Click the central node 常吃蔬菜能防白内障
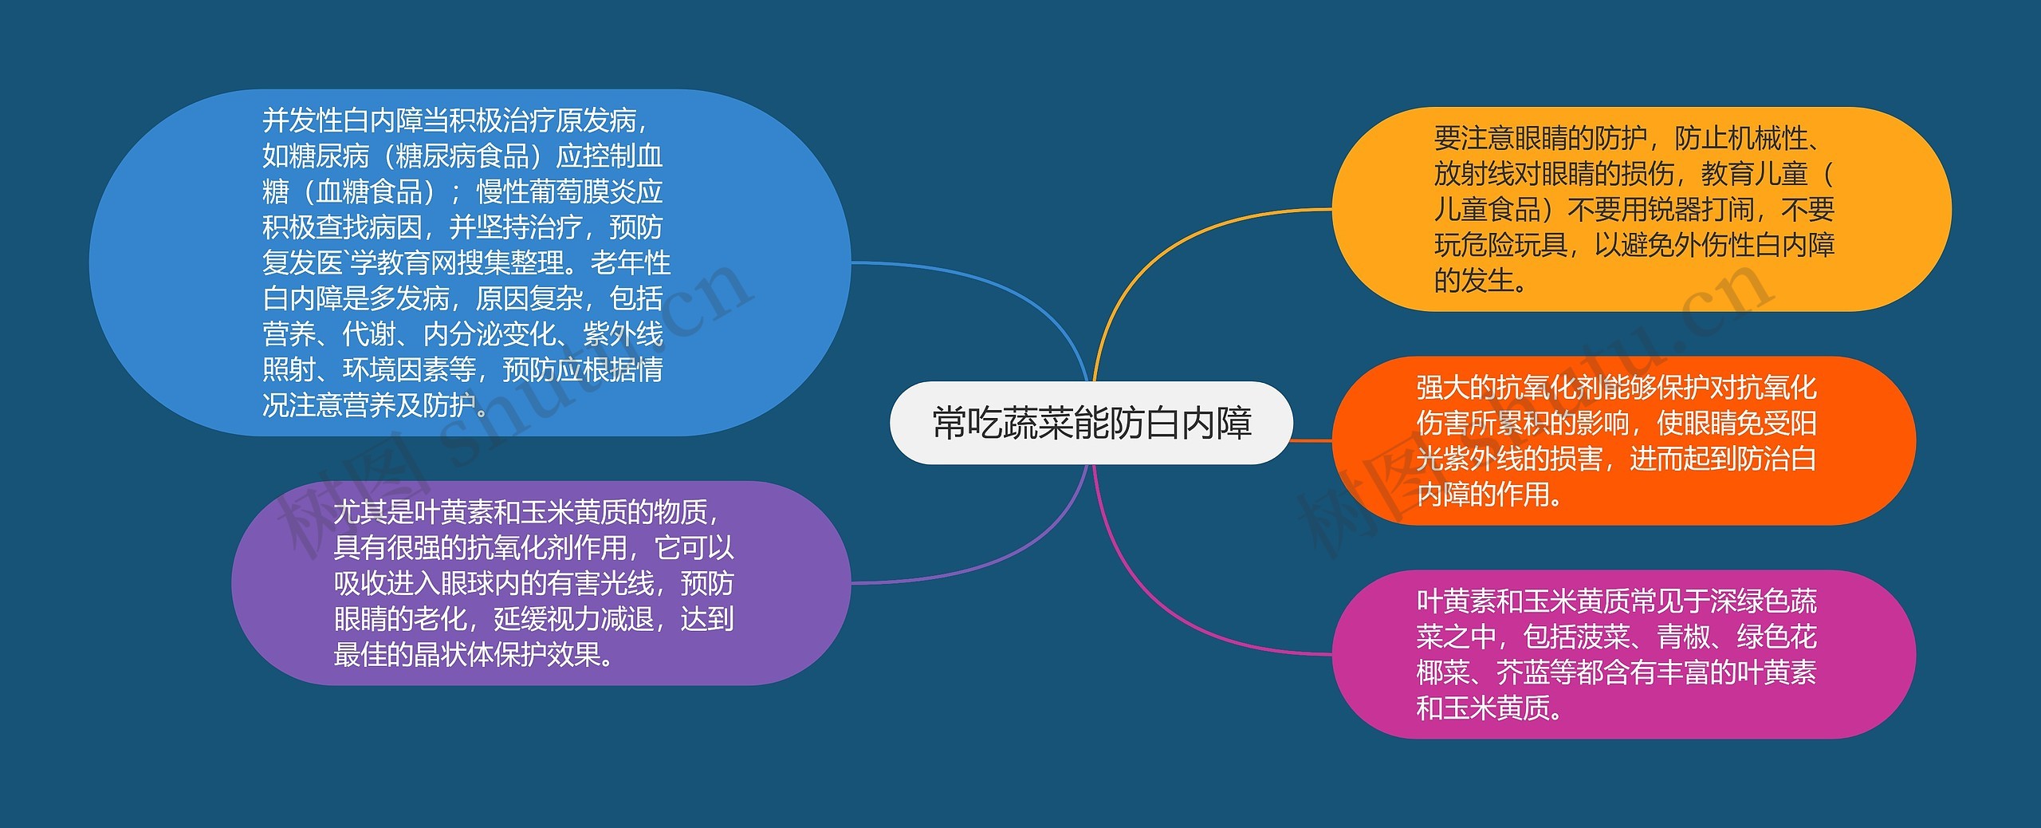(x=1091, y=423)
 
